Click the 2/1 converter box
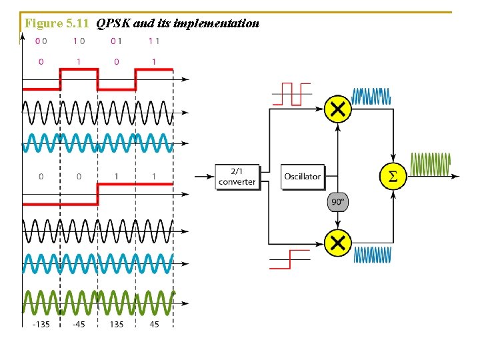point(237,177)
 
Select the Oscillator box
point(303,177)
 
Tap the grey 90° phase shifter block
point(339,202)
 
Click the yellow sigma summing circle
point(393,177)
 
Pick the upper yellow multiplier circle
point(338,109)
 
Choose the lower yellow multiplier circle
point(338,243)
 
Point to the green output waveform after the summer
point(431,163)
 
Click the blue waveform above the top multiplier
point(371,96)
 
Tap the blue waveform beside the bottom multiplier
point(372,255)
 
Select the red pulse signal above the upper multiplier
point(291,94)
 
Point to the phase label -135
point(41,325)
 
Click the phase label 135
point(117,325)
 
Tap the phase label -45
point(79,325)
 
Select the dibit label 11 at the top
point(153,41)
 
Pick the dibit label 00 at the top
point(41,41)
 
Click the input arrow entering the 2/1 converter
point(204,177)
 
